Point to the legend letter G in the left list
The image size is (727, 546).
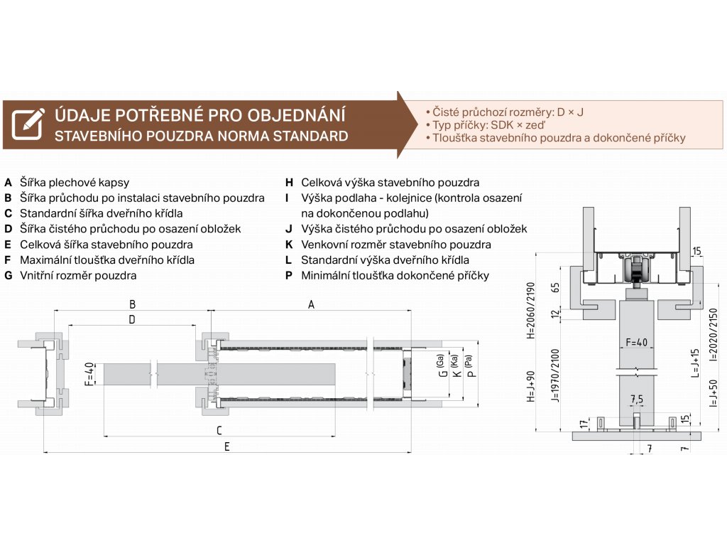(8, 276)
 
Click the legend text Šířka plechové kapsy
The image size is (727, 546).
(74, 182)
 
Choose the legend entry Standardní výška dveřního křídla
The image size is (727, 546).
(385, 260)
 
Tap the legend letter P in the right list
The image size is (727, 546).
(289, 276)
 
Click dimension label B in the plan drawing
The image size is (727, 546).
(132, 304)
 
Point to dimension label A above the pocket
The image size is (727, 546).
(311, 304)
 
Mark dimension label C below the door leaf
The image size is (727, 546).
(219, 430)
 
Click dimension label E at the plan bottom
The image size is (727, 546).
(226, 446)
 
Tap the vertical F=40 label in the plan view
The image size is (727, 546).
(89, 374)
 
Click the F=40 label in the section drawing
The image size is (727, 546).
(635, 343)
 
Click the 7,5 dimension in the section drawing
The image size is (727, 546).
(636, 398)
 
